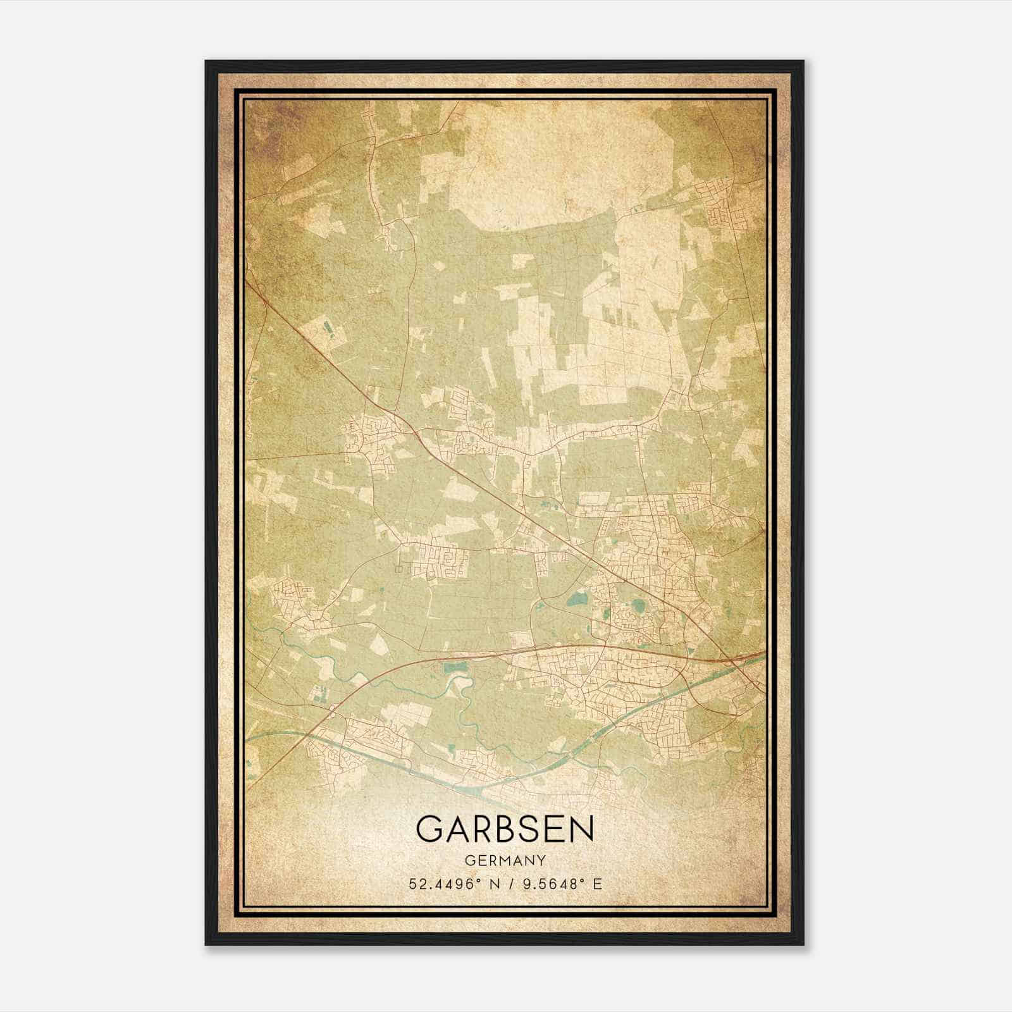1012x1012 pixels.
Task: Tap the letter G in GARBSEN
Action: point(431,829)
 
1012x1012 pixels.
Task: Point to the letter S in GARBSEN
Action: point(530,829)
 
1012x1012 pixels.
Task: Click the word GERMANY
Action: point(505,860)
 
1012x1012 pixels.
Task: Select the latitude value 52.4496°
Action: point(445,884)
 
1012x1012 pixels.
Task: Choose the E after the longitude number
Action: point(597,884)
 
